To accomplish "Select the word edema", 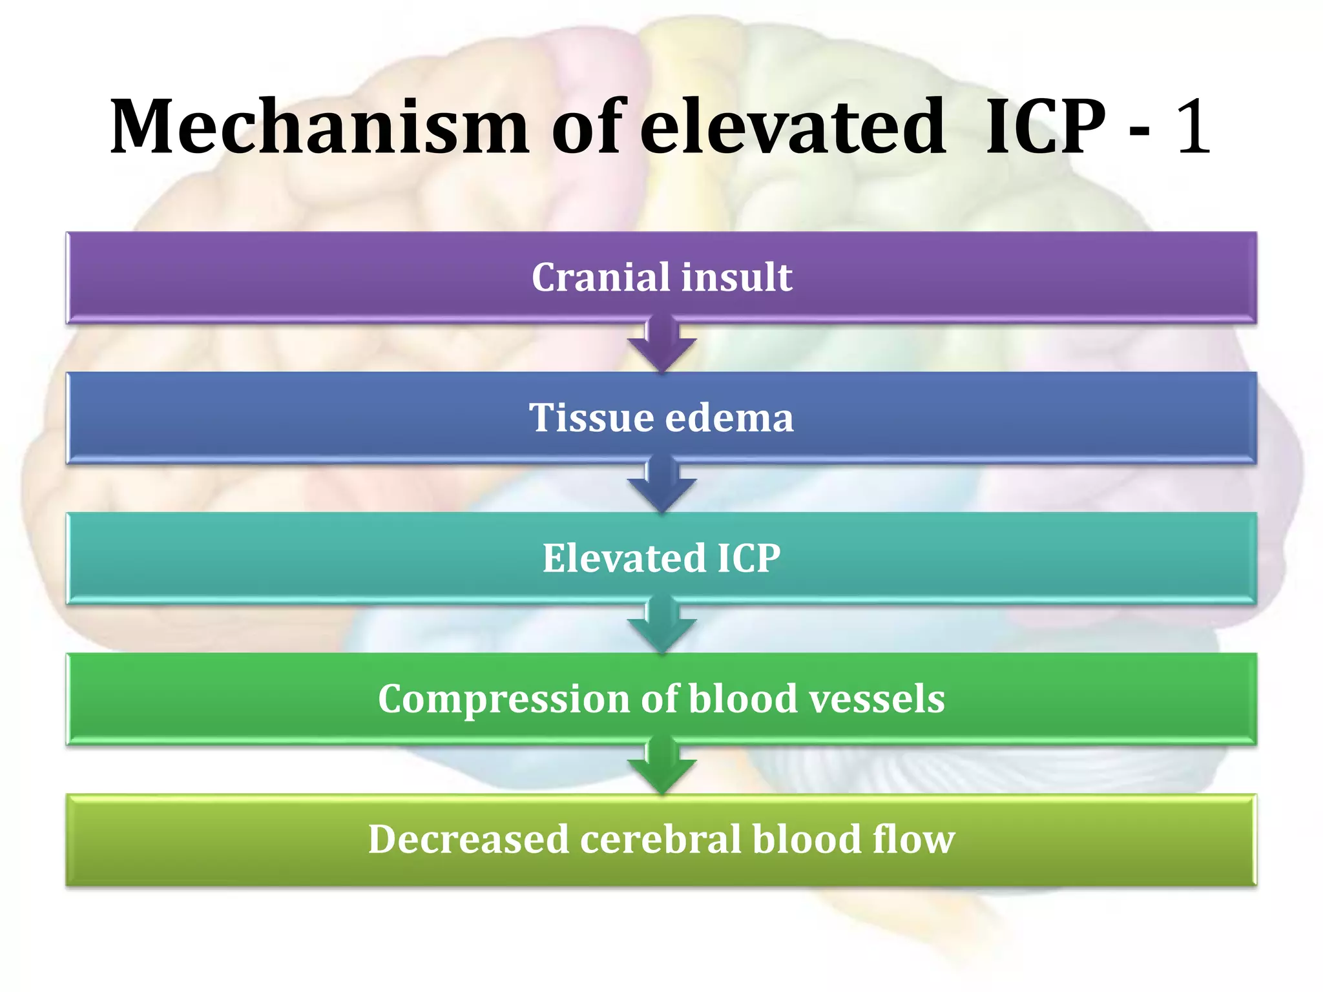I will click(729, 418).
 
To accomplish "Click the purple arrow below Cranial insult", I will click(661, 346).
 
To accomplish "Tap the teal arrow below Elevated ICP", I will click(661, 627).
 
